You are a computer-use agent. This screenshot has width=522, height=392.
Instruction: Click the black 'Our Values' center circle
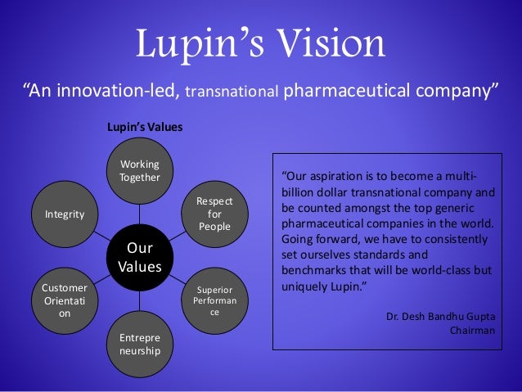point(135,257)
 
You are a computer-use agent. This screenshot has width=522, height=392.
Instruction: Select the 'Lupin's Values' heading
point(145,128)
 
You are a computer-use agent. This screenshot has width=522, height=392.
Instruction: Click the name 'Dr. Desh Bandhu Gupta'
point(441,316)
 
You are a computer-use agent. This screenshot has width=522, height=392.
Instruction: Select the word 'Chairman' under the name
point(473,331)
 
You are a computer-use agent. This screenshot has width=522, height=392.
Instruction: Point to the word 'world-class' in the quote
point(439,270)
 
